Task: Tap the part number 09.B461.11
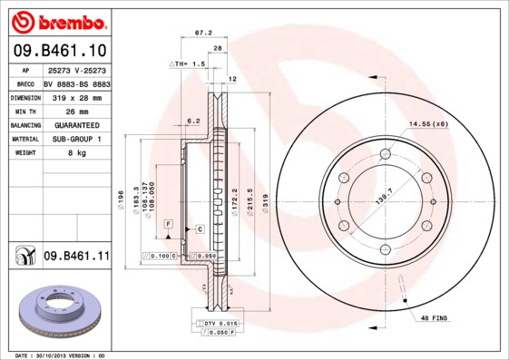click(x=76, y=258)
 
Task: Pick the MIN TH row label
click(x=24, y=111)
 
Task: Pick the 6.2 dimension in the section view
click(x=192, y=120)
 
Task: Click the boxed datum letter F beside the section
click(x=168, y=222)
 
